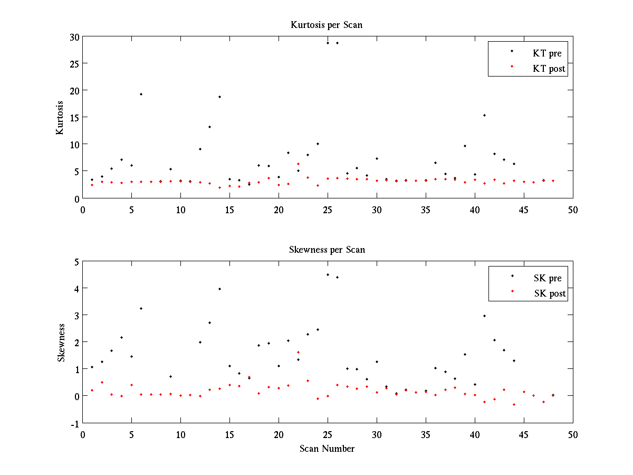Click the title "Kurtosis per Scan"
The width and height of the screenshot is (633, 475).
(327, 25)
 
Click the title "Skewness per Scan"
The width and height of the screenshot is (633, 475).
(327, 249)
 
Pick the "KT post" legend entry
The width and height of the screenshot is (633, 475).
(549, 68)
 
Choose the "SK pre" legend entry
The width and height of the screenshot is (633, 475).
(548, 278)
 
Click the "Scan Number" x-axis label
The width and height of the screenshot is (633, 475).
(327, 449)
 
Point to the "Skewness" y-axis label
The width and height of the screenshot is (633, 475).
(61, 342)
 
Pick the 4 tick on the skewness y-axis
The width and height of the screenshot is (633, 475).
(76, 288)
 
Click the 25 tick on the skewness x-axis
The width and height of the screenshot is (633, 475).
(328, 434)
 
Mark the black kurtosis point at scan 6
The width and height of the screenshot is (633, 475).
(141, 94)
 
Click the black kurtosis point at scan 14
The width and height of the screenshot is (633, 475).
(219, 97)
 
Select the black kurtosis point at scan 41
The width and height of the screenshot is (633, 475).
(484, 115)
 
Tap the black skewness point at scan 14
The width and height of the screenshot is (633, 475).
(219, 289)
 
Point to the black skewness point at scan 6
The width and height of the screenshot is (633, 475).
(141, 308)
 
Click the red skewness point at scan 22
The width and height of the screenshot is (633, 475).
(298, 352)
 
